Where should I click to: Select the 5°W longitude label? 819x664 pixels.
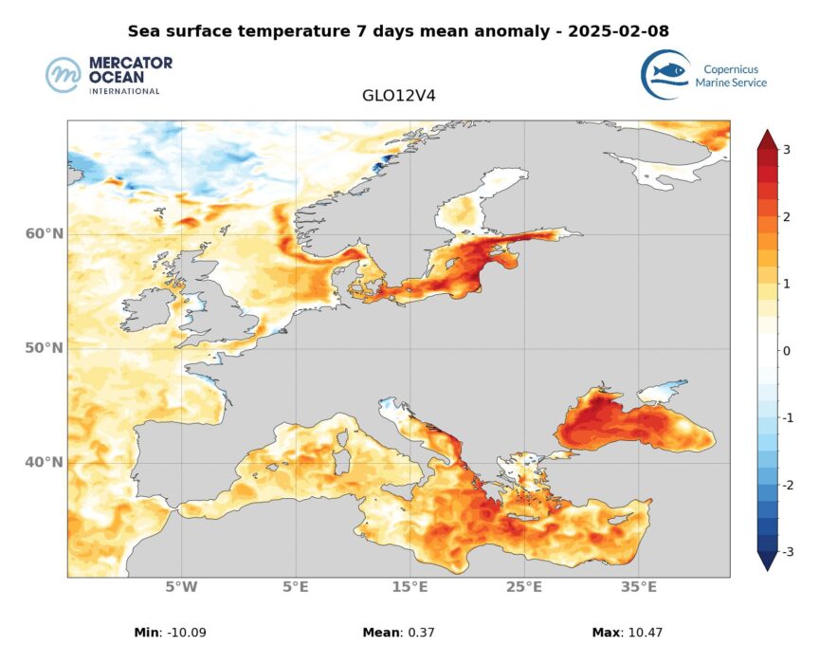click(x=181, y=587)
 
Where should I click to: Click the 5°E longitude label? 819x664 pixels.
click(x=296, y=587)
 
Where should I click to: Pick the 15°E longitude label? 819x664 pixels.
click(x=409, y=587)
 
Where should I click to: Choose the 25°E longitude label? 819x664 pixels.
click(x=524, y=587)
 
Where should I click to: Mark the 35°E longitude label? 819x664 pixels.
click(x=638, y=587)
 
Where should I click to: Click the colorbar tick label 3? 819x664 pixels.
click(x=786, y=150)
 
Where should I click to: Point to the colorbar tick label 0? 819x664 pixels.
click(x=786, y=351)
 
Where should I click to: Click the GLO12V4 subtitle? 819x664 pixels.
click(x=398, y=96)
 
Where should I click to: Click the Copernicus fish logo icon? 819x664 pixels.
click(x=664, y=74)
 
